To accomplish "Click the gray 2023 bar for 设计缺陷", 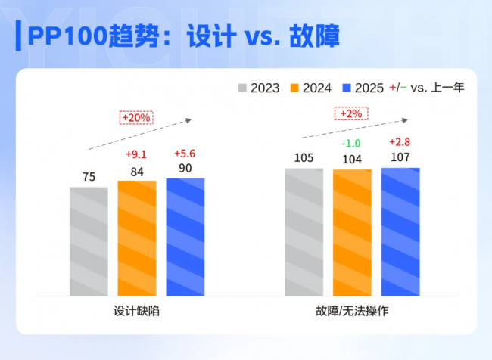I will (x=89, y=241).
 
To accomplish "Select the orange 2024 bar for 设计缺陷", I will (x=137, y=237).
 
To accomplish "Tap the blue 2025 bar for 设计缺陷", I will (x=185, y=236).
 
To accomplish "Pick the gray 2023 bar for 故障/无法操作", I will (x=304, y=231).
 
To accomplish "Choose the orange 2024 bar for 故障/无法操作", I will (x=352, y=232).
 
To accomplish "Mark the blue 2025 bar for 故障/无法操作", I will (x=400, y=231).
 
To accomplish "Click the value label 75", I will (x=89, y=178).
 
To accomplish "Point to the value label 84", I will (x=137, y=172).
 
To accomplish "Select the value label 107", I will (x=400, y=159).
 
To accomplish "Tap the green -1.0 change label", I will (x=351, y=144).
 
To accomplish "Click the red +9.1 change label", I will (x=137, y=155).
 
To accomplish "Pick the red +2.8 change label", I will (x=400, y=142).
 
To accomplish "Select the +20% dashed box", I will (x=137, y=117).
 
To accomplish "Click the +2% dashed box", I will (x=351, y=113).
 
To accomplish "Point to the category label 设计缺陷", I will (x=136, y=311).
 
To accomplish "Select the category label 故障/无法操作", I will (x=352, y=311).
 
